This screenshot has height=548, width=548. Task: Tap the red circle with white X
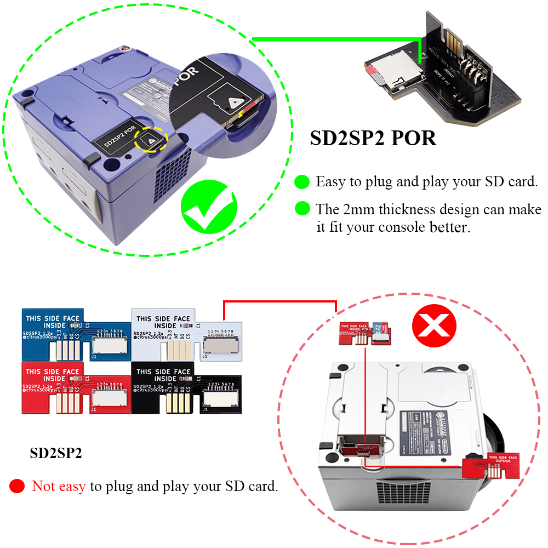[x=434, y=327]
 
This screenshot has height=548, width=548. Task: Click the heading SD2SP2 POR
[x=373, y=138]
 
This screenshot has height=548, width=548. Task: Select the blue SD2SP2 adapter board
[x=75, y=335]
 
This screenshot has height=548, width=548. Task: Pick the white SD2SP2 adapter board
[x=185, y=335]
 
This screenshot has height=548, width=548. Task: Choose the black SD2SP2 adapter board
[x=185, y=388]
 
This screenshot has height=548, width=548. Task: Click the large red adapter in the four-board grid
[x=75, y=388]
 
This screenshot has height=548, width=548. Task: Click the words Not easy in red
[x=59, y=486]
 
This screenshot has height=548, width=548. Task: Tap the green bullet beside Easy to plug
[x=302, y=181]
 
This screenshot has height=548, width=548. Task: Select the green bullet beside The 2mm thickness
[x=302, y=208]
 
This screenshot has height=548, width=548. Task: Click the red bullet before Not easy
[x=18, y=486]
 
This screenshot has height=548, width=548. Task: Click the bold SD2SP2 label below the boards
[x=56, y=454]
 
